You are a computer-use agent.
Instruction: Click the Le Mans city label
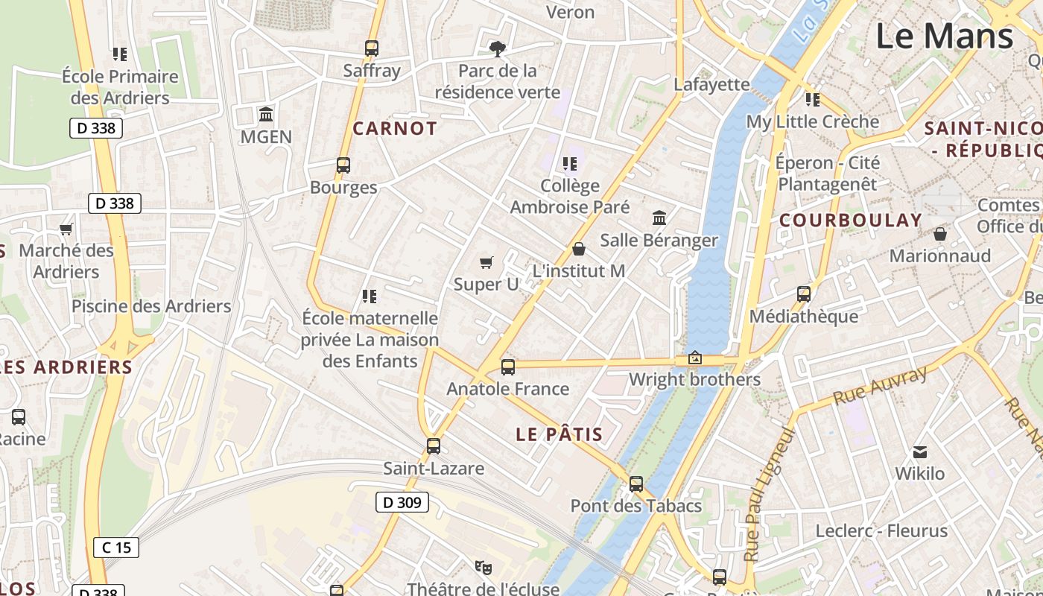tap(944, 36)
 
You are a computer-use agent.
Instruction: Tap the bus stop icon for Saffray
tap(372, 48)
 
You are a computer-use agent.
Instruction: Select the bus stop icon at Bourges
tap(343, 165)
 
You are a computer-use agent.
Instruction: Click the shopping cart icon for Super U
tap(486, 262)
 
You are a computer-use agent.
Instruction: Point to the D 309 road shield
tap(402, 503)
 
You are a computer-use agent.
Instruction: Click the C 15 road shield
tap(116, 548)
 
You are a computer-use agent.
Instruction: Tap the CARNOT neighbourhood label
tap(395, 128)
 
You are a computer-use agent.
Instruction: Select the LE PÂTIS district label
tap(559, 434)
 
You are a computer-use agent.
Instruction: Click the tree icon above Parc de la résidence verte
tap(497, 49)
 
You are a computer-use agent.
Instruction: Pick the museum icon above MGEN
tap(266, 115)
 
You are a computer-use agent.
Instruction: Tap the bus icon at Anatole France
tap(508, 367)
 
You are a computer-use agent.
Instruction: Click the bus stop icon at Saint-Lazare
tap(434, 446)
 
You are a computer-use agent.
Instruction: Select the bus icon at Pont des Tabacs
tap(636, 484)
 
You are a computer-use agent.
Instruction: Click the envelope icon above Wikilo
tap(920, 451)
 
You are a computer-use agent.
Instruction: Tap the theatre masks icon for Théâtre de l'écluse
tap(484, 568)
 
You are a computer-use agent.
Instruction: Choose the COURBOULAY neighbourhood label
tap(851, 220)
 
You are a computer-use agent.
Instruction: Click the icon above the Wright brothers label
tap(695, 358)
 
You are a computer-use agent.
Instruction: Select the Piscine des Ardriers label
tap(151, 306)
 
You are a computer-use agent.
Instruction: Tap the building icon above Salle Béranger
tap(659, 218)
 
